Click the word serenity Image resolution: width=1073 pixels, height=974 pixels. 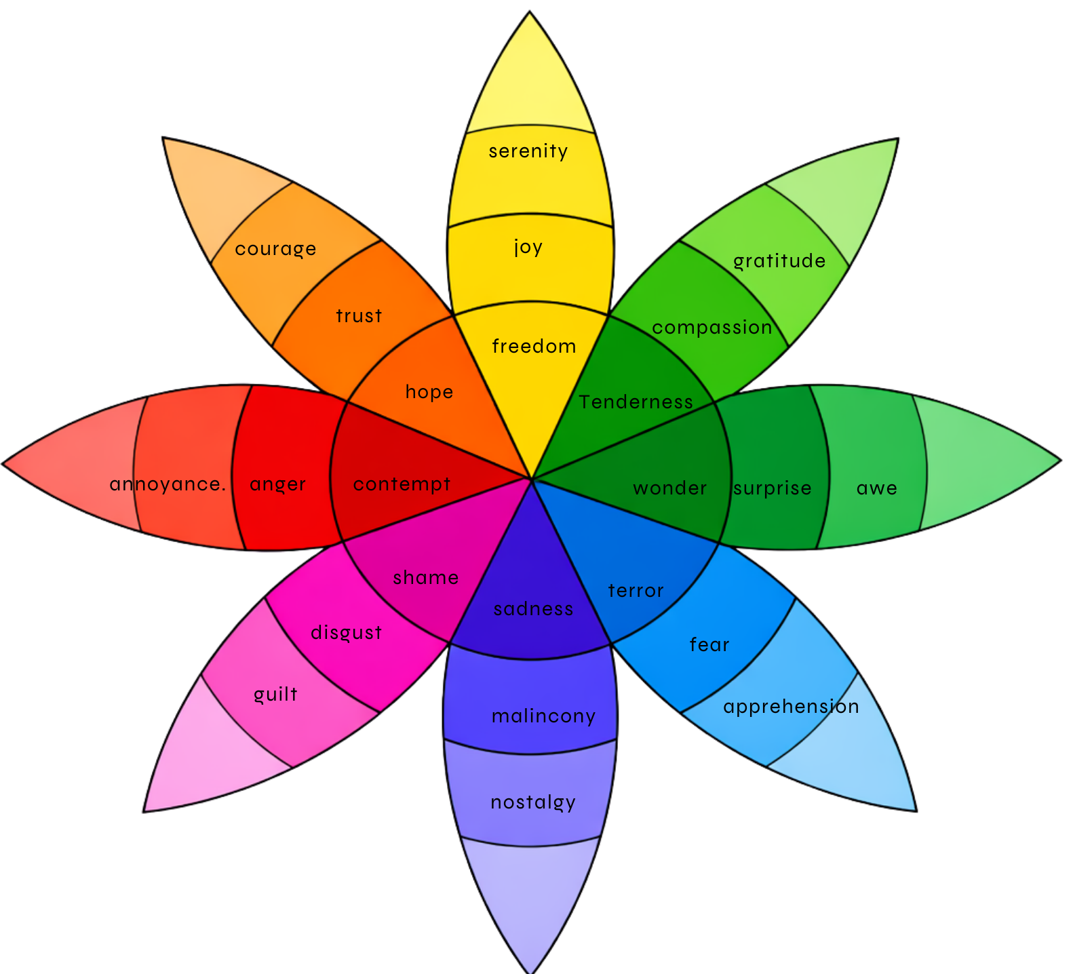point(528,151)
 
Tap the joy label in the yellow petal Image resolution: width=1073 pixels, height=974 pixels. point(528,247)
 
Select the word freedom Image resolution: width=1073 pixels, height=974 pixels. point(534,347)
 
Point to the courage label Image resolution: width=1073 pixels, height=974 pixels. point(275,249)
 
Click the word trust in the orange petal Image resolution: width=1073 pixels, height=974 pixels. point(359,316)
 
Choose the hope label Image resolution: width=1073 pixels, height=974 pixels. point(429,392)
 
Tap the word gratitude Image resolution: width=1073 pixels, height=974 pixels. point(779,261)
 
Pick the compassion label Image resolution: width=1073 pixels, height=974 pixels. point(712,328)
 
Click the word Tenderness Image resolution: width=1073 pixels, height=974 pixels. point(636,402)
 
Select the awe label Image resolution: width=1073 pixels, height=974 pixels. point(877,488)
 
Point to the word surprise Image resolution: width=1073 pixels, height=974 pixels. point(773,488)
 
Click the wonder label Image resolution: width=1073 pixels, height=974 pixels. point(670,488)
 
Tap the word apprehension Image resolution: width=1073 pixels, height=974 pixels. point(791,707)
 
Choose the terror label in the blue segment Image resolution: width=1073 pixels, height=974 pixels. point(636,591)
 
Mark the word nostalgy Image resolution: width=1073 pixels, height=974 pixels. point(533,803)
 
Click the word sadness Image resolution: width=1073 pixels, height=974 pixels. point(534,609)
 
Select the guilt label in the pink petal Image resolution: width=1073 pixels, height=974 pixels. point(275,695)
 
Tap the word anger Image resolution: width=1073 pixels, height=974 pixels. point(278,484)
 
